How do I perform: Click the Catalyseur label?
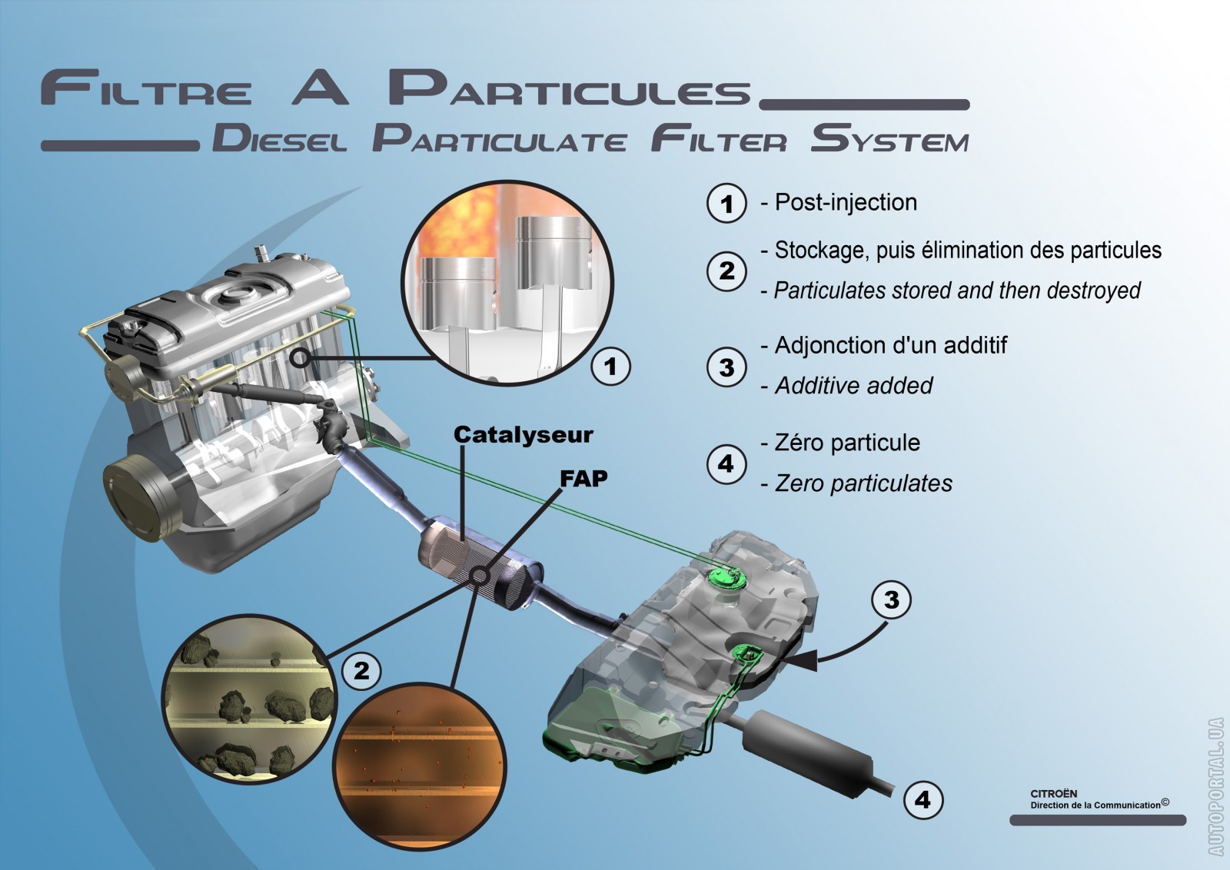point(523,435)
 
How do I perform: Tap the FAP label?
point(583,479)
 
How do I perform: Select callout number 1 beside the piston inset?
point(610,366)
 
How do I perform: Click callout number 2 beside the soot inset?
point(361,670)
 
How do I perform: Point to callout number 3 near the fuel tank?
point(891,599)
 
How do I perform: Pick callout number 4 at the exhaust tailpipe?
point(922,800)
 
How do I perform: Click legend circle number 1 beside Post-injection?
point(726,204)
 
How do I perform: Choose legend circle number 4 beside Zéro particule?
point(726,463)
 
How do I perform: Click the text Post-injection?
point(846,203)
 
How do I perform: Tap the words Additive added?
point(853,386)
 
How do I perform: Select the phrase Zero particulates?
point(863,483)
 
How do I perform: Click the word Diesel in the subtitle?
point(280,140)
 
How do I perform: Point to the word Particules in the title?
point(569,88)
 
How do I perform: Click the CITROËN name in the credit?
point(1053,794)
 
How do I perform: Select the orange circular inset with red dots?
point(419,765)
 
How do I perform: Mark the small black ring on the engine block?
point(301,358)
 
